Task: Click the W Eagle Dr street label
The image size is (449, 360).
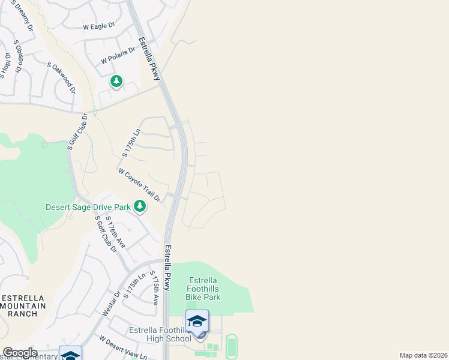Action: point(99,27)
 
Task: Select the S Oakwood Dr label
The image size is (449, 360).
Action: point(62,77)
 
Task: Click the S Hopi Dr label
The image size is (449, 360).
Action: point(6,65)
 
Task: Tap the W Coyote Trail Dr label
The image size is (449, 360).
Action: point(140,185)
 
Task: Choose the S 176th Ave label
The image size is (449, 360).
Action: point(115,232)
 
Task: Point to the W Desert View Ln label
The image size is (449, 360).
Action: point(123,348)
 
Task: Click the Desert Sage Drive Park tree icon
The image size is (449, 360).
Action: point(140,207)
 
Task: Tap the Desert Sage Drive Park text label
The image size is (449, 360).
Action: point(88,208)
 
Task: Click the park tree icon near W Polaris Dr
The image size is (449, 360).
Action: point(116,81)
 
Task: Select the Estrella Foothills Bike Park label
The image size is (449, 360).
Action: point(204,289)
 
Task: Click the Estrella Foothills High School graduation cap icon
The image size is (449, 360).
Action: point(197,322)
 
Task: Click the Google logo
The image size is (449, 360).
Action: point(20,353)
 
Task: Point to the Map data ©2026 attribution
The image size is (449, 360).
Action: point(423,355)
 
